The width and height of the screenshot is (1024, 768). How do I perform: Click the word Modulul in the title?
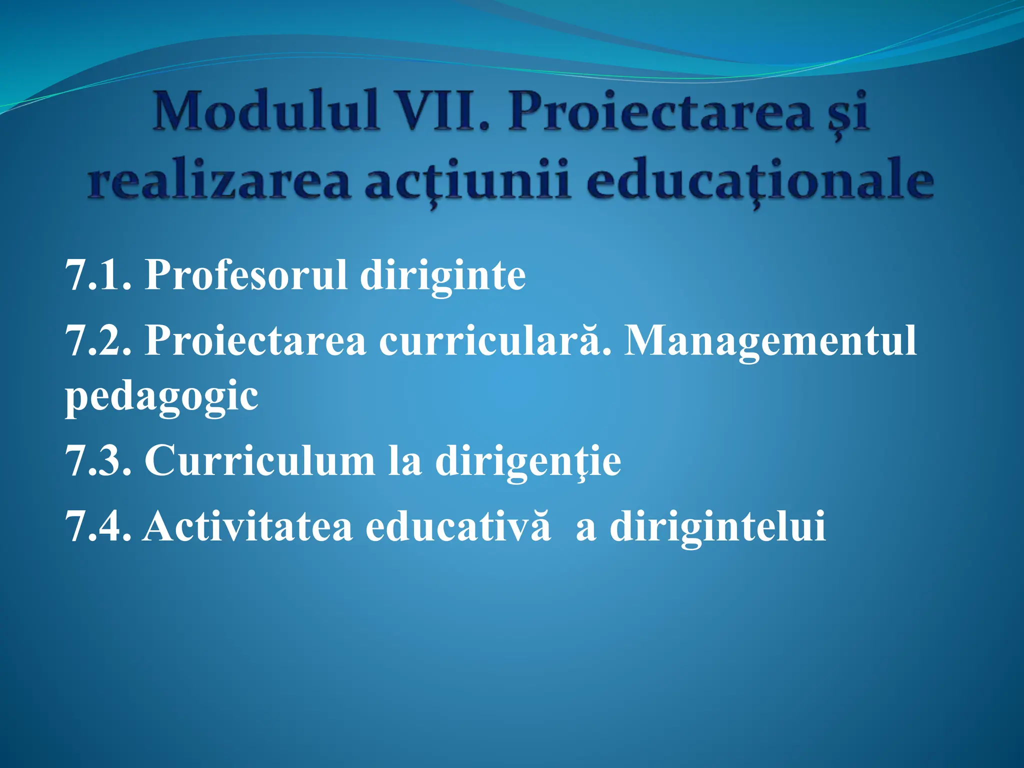coord(265,111)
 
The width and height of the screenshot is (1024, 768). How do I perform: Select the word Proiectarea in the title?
coord(660,111)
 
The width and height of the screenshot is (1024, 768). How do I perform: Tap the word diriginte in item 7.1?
coord(442,276)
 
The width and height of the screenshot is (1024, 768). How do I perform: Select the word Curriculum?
coord(259,461)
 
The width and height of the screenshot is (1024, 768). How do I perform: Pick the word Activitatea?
coord(247,527)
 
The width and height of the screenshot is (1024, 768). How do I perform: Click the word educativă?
coord(457,527)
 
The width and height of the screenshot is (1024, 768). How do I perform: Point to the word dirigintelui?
coord(717,527)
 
